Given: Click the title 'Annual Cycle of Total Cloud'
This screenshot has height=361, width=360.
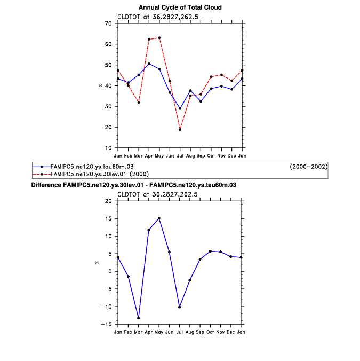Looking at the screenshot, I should pyautogui.click(x=180, y=7).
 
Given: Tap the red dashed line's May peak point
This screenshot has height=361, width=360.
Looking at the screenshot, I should pyautogui.click(x=159, y=38).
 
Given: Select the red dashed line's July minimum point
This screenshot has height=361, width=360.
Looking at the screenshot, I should pyautogui.click(x=180, y=129).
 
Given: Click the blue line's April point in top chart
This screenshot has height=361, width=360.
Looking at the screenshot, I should pyautogui.click(x=149, y=64).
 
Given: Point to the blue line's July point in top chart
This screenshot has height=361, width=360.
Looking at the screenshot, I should pyautogui.click(x=180, y=108).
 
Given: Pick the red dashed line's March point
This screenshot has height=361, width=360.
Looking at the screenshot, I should pyautogui.click(x=139, y=102).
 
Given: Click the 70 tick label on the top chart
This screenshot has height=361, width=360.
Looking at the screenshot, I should pyautogui.click(x=108, y=23).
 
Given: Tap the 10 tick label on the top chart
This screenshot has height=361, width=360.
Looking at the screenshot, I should pyautogui.click(x=108, y=148).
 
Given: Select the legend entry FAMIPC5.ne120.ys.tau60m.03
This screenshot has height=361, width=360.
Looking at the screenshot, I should pyautogui.click(x=90, y=167).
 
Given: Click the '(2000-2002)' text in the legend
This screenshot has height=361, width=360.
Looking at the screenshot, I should pyautogui.click(x=308, y=167).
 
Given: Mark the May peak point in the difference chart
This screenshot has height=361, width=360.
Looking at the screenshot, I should pyautogui.click(x=159, y=218).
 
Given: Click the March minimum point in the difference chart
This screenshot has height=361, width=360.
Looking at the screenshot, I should pyautogui.click(x=139, y=318).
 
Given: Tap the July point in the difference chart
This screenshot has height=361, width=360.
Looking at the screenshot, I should pyautogui.click(x=180, y=307).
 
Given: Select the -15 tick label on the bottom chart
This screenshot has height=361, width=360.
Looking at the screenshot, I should pyautogui.click(x=107, y=324).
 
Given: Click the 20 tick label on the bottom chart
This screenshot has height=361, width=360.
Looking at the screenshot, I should pyautogui.click(x=108, y=201).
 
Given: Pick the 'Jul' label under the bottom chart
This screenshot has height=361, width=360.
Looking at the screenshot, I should pyautogui.click(x=180, y=332).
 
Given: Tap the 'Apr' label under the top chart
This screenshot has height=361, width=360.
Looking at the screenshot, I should pyautogui.click(x=149, y=155).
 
